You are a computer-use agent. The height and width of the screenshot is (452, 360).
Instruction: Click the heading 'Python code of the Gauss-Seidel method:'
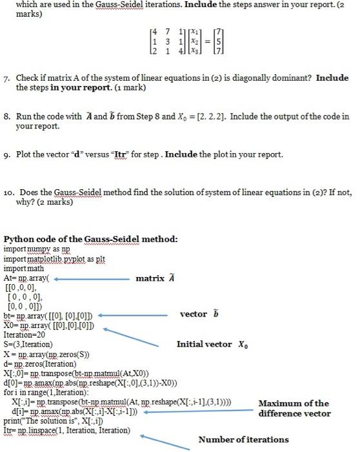(x=90, y=240)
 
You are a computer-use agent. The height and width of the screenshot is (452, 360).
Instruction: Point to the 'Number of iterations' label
(x=244, y=440)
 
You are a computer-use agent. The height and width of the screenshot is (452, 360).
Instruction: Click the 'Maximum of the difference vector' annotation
(x=294, y=408)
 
